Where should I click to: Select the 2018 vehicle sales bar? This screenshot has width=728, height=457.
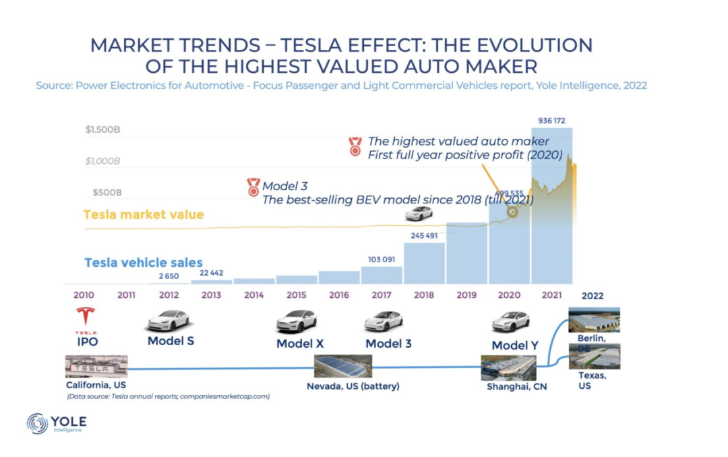tap(425, 263)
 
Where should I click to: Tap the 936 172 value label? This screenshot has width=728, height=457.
tap(552, 121)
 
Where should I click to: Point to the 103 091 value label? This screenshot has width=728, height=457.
tap(382, 260)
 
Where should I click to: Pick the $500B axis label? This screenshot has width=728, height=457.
tap(104, 192)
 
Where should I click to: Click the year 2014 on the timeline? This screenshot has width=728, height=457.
tap(253, 295)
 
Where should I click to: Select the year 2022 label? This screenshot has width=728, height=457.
tap(593, 295)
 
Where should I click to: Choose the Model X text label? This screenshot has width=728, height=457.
tap(299, 343)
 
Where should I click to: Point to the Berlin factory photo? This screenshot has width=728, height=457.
tap(594, 319)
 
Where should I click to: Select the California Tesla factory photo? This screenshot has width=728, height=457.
tap(96, 366)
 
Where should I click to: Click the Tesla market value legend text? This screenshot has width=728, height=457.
tap(144, 214)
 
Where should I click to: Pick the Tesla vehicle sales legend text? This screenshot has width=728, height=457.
tap(144, 263)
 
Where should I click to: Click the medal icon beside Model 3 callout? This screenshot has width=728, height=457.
tap(253, 186)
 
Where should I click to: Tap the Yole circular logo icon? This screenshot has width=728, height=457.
tap(38, 423)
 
